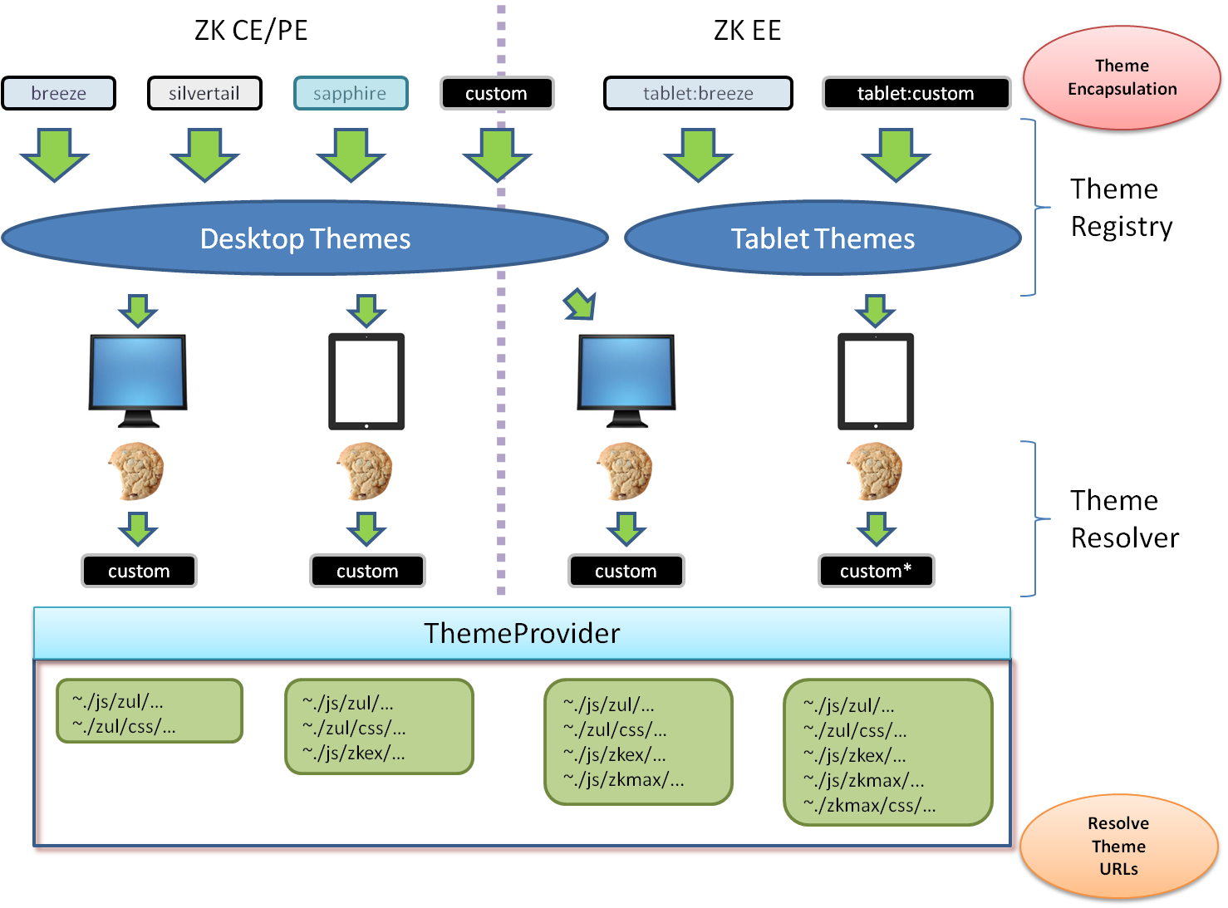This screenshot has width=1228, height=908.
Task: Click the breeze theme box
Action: pos(58,93)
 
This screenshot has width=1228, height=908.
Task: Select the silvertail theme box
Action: pos(204,93)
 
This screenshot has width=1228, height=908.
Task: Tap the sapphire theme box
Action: pos(351,93)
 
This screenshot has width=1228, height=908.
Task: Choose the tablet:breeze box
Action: pos(698,93)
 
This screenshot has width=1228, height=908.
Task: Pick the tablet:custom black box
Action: pos(916,93)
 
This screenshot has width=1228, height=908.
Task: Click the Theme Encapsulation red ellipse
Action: pos(1122,77)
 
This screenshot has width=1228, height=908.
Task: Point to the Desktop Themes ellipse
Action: pos(305,238)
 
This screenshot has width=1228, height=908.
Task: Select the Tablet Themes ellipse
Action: pos(823,238)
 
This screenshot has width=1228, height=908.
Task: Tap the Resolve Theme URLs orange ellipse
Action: pos(1118,846)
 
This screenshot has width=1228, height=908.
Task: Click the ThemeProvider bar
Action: pos(522,633)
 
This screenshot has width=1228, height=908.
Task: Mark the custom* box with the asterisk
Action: pos(876,571)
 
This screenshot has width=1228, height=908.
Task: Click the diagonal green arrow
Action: pos(580,305)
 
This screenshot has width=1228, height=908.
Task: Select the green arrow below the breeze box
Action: pos(54,155)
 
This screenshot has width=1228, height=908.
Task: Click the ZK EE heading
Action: pos(747,30)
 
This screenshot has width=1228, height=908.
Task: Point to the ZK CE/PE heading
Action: pos(251,30)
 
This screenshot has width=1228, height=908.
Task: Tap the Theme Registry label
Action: pos(1121,208)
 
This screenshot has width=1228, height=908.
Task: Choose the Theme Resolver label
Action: pos(1124,518)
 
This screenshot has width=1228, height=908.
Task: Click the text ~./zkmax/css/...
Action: pos(870,805)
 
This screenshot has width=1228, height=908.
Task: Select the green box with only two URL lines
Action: pos(150,711)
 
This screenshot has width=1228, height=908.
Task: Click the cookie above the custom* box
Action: pos(875,470)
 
